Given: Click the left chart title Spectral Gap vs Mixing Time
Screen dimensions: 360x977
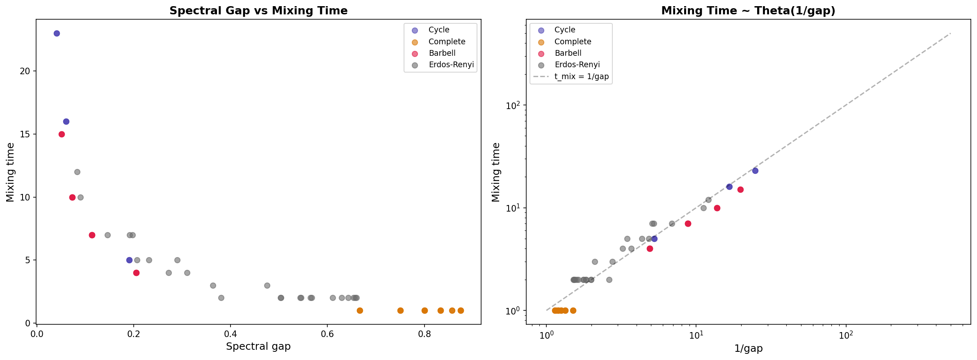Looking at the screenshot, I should pyautogui.click(x=258, y=11).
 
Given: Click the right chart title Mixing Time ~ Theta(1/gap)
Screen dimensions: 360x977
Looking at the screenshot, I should pyautogui.click(x=748, y=11).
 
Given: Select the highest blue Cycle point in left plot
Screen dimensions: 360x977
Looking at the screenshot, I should pyautogui.click(x=57, y=33).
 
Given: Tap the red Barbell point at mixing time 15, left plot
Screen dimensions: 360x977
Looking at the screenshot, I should pyautogui.click(x=62, y=134).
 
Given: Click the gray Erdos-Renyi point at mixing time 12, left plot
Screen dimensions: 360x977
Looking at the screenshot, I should pyautogui.click(x=77, y=172).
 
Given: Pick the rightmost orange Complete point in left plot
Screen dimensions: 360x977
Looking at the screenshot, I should pyautogui.click(x=461, y=310).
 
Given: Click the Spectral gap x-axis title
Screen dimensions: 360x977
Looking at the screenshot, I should pyautogui.click(x=258, y=346).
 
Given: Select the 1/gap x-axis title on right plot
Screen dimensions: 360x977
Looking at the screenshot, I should pyautogui.click(x=748, y=349).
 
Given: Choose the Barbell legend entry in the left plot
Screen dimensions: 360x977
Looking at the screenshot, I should pyautogui.click(x=442, y=53).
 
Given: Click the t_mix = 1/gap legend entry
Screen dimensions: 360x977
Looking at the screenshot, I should pyautogui.click(x=581, y=77).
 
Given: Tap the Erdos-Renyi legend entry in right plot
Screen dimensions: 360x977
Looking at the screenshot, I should pyautogui.click(x=577, y=65).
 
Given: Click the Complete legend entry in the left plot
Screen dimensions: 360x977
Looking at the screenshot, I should pyautogui.click(x=447, y=41).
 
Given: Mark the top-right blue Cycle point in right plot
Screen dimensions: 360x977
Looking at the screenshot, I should pyautogui.click(x=755, y=171).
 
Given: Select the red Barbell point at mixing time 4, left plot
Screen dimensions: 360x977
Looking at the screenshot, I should pyautogui.click(x=136, y=273).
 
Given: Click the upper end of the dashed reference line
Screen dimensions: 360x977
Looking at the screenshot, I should pyautogui.click(x=950, y=33).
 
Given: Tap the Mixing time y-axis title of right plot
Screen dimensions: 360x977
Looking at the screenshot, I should pyautogui.click(x=496, y=172).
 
